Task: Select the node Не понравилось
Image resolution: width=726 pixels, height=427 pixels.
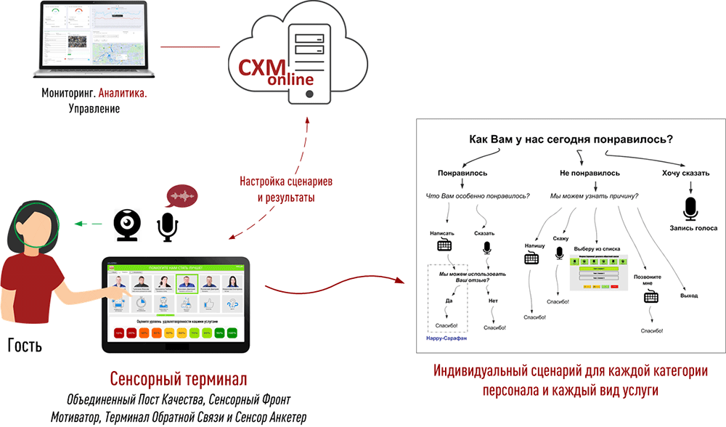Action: coord(589,174)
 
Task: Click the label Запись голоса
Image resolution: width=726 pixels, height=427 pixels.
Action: coord(688,228)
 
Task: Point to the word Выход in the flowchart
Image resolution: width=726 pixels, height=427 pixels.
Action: coord(689,296)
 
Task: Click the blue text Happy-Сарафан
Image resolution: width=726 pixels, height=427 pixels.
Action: coord(447,338)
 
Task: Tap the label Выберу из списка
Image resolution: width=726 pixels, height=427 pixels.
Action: coord(600,248)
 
